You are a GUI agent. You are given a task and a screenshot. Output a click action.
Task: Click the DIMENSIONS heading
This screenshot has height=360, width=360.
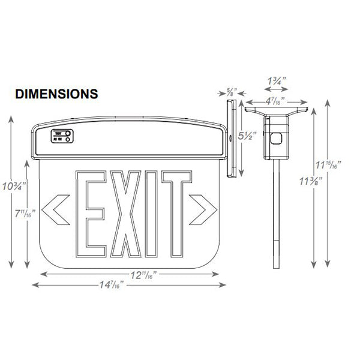tap(56, 94)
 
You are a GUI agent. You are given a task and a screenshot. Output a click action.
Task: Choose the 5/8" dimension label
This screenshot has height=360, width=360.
tap(232, 92)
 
